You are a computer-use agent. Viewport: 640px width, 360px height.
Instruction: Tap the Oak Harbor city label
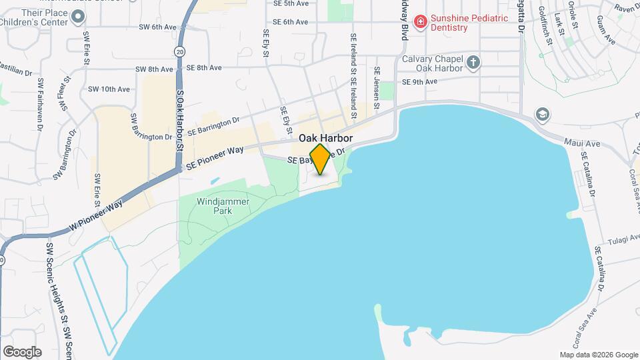click(x=325, y=138)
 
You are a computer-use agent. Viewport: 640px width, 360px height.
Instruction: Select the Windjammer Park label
click(x=214, y=205)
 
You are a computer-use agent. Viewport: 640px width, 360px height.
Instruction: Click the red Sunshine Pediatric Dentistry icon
click(x=420, y=23)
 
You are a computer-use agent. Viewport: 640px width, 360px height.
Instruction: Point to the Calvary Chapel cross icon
click(x=473, y=63)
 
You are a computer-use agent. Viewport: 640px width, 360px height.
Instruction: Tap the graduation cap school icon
click(x=543, y=115)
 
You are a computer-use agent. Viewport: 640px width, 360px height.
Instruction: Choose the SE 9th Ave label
click(x=420, y=82)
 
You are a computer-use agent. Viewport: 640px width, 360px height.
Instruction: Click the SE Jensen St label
click(x=377, y=87)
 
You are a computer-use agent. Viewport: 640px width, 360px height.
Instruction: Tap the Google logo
click(x=22, y=351)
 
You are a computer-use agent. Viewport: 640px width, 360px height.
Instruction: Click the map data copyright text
click(x=598, y=355)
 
